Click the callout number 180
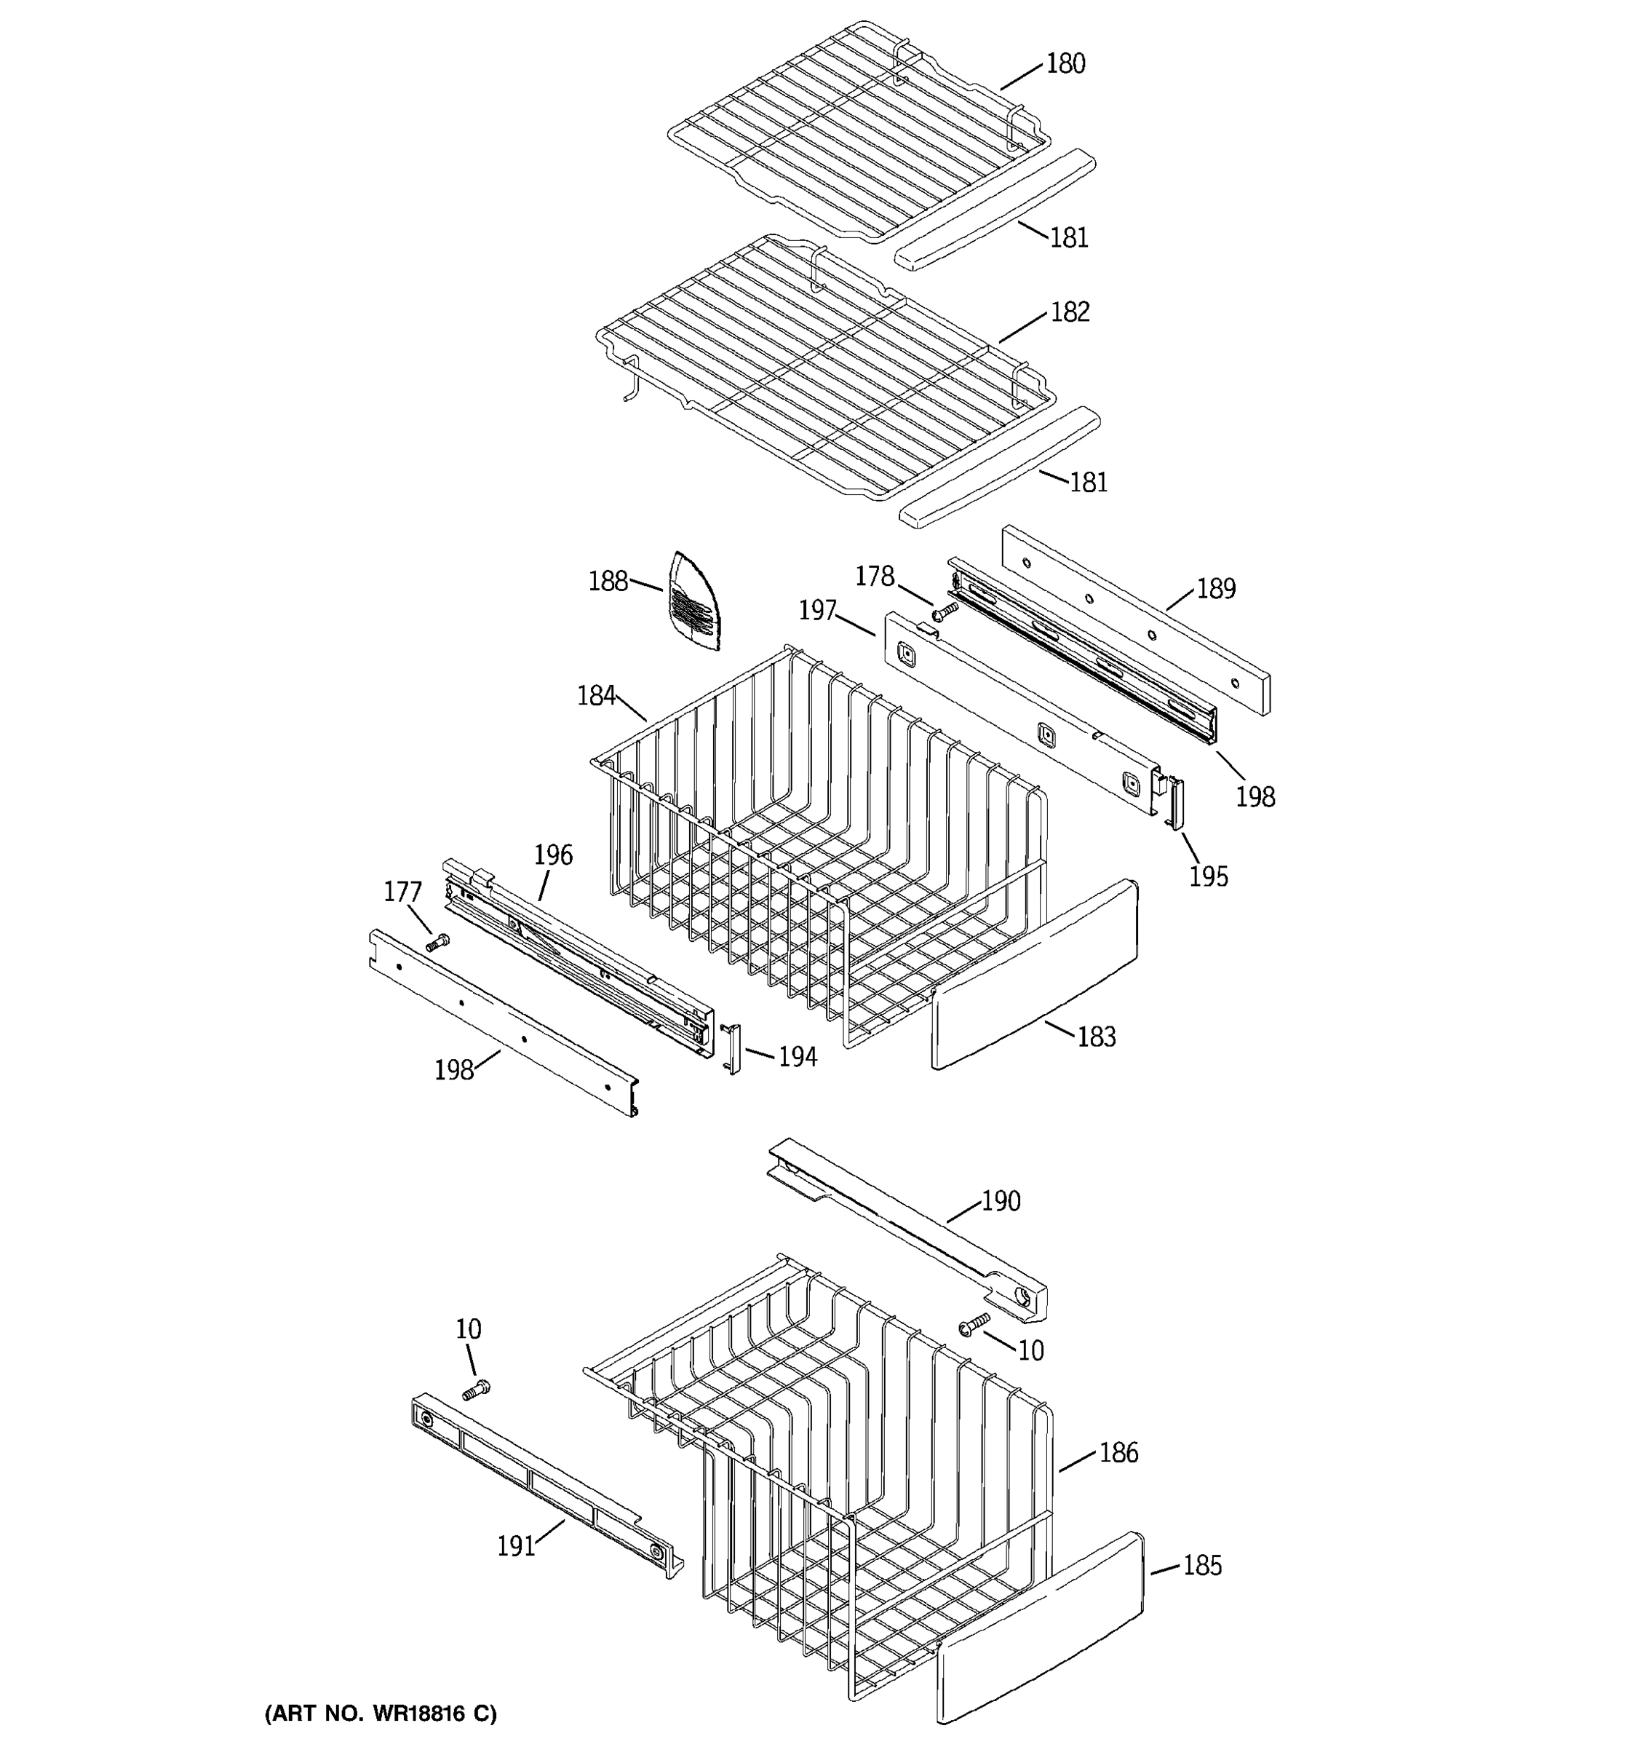(1065, 64)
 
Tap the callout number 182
(1070, 313)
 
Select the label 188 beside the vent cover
(608, 582)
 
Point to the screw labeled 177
(437, 943)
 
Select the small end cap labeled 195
(1174, 803)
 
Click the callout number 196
(553, 855)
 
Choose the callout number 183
(1096, 1037)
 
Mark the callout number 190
(1001, 1201)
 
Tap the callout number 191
(517, 1547)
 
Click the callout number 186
(1118, 1454)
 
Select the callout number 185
(1201, 1566)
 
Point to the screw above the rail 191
(476, 1390)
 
